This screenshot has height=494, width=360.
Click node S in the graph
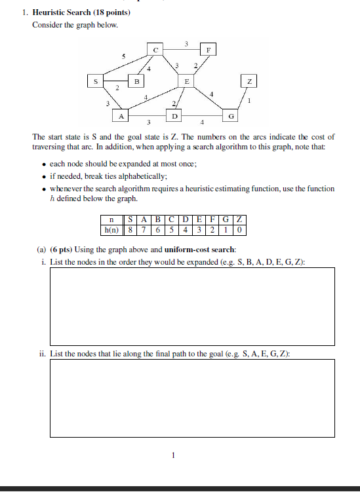[96, 82]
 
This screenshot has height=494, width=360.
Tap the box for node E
[187, 82]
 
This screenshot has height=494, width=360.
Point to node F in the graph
[209, 49]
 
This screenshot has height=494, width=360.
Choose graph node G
[230, 116]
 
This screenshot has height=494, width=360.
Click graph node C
[155, 49]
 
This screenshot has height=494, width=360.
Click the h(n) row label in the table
[112, 230]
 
